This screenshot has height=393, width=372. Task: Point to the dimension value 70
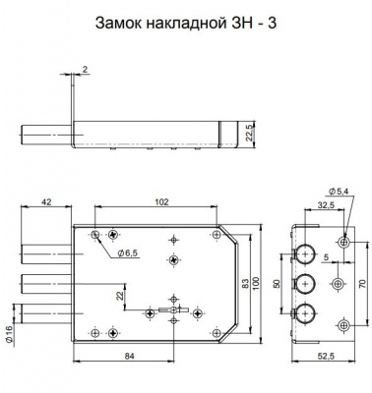point(362,283)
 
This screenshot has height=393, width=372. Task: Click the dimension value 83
point(243,283)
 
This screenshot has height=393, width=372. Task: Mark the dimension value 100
point(258,283)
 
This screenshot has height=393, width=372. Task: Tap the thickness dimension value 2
point(86,70)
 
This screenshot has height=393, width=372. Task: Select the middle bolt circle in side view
point(306,282)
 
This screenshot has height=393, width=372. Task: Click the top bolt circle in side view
point(306,251)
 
